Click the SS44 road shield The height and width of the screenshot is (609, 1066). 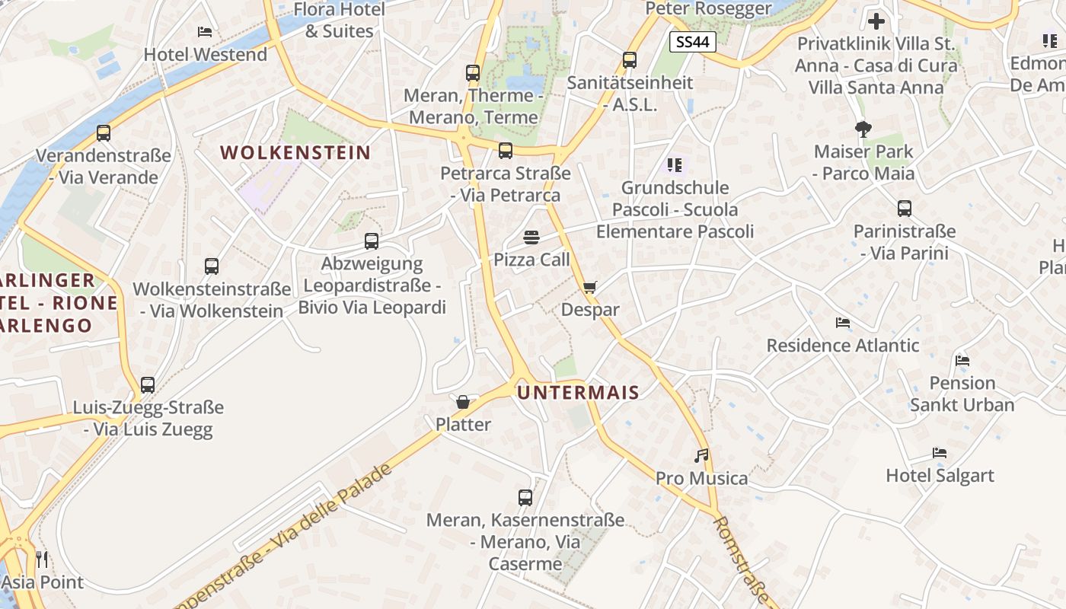point(693,42)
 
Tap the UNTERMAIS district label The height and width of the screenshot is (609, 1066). point(578,393)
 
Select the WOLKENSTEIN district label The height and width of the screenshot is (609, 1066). point(295,152)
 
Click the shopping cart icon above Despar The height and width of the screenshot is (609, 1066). point(590,288)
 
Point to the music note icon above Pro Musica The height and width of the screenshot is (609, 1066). point(702,456)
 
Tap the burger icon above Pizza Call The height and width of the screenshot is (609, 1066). point(531,238)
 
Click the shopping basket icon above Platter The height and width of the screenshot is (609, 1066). point(463,402)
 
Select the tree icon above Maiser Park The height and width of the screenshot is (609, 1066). point(863,129)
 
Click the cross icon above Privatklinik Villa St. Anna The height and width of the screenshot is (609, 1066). point(876,21)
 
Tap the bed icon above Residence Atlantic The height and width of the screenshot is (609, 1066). point(842,323)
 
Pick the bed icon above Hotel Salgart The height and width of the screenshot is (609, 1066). point(940,453)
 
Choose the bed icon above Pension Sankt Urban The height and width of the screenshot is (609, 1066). point(962,360)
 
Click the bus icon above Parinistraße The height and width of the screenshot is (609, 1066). point(905,209)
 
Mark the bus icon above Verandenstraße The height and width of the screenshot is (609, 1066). point(104,133)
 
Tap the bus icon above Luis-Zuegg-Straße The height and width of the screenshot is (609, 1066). point(148,385)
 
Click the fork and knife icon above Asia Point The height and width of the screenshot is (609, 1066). point(42,560)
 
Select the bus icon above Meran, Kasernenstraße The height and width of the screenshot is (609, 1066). point(525,498)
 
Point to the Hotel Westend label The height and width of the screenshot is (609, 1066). point(206,55)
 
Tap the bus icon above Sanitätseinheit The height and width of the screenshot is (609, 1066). point(630,60)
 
